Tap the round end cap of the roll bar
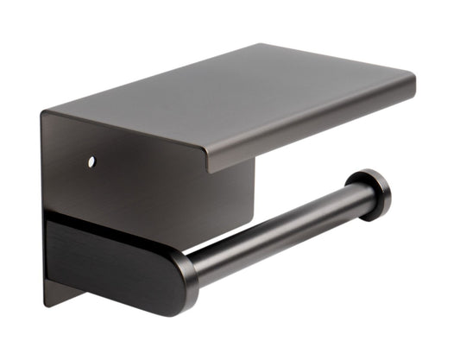click(x=372, y=194)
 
